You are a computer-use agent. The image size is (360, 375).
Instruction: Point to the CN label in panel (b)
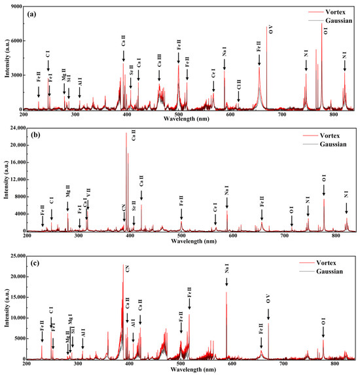tap(123, 208)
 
